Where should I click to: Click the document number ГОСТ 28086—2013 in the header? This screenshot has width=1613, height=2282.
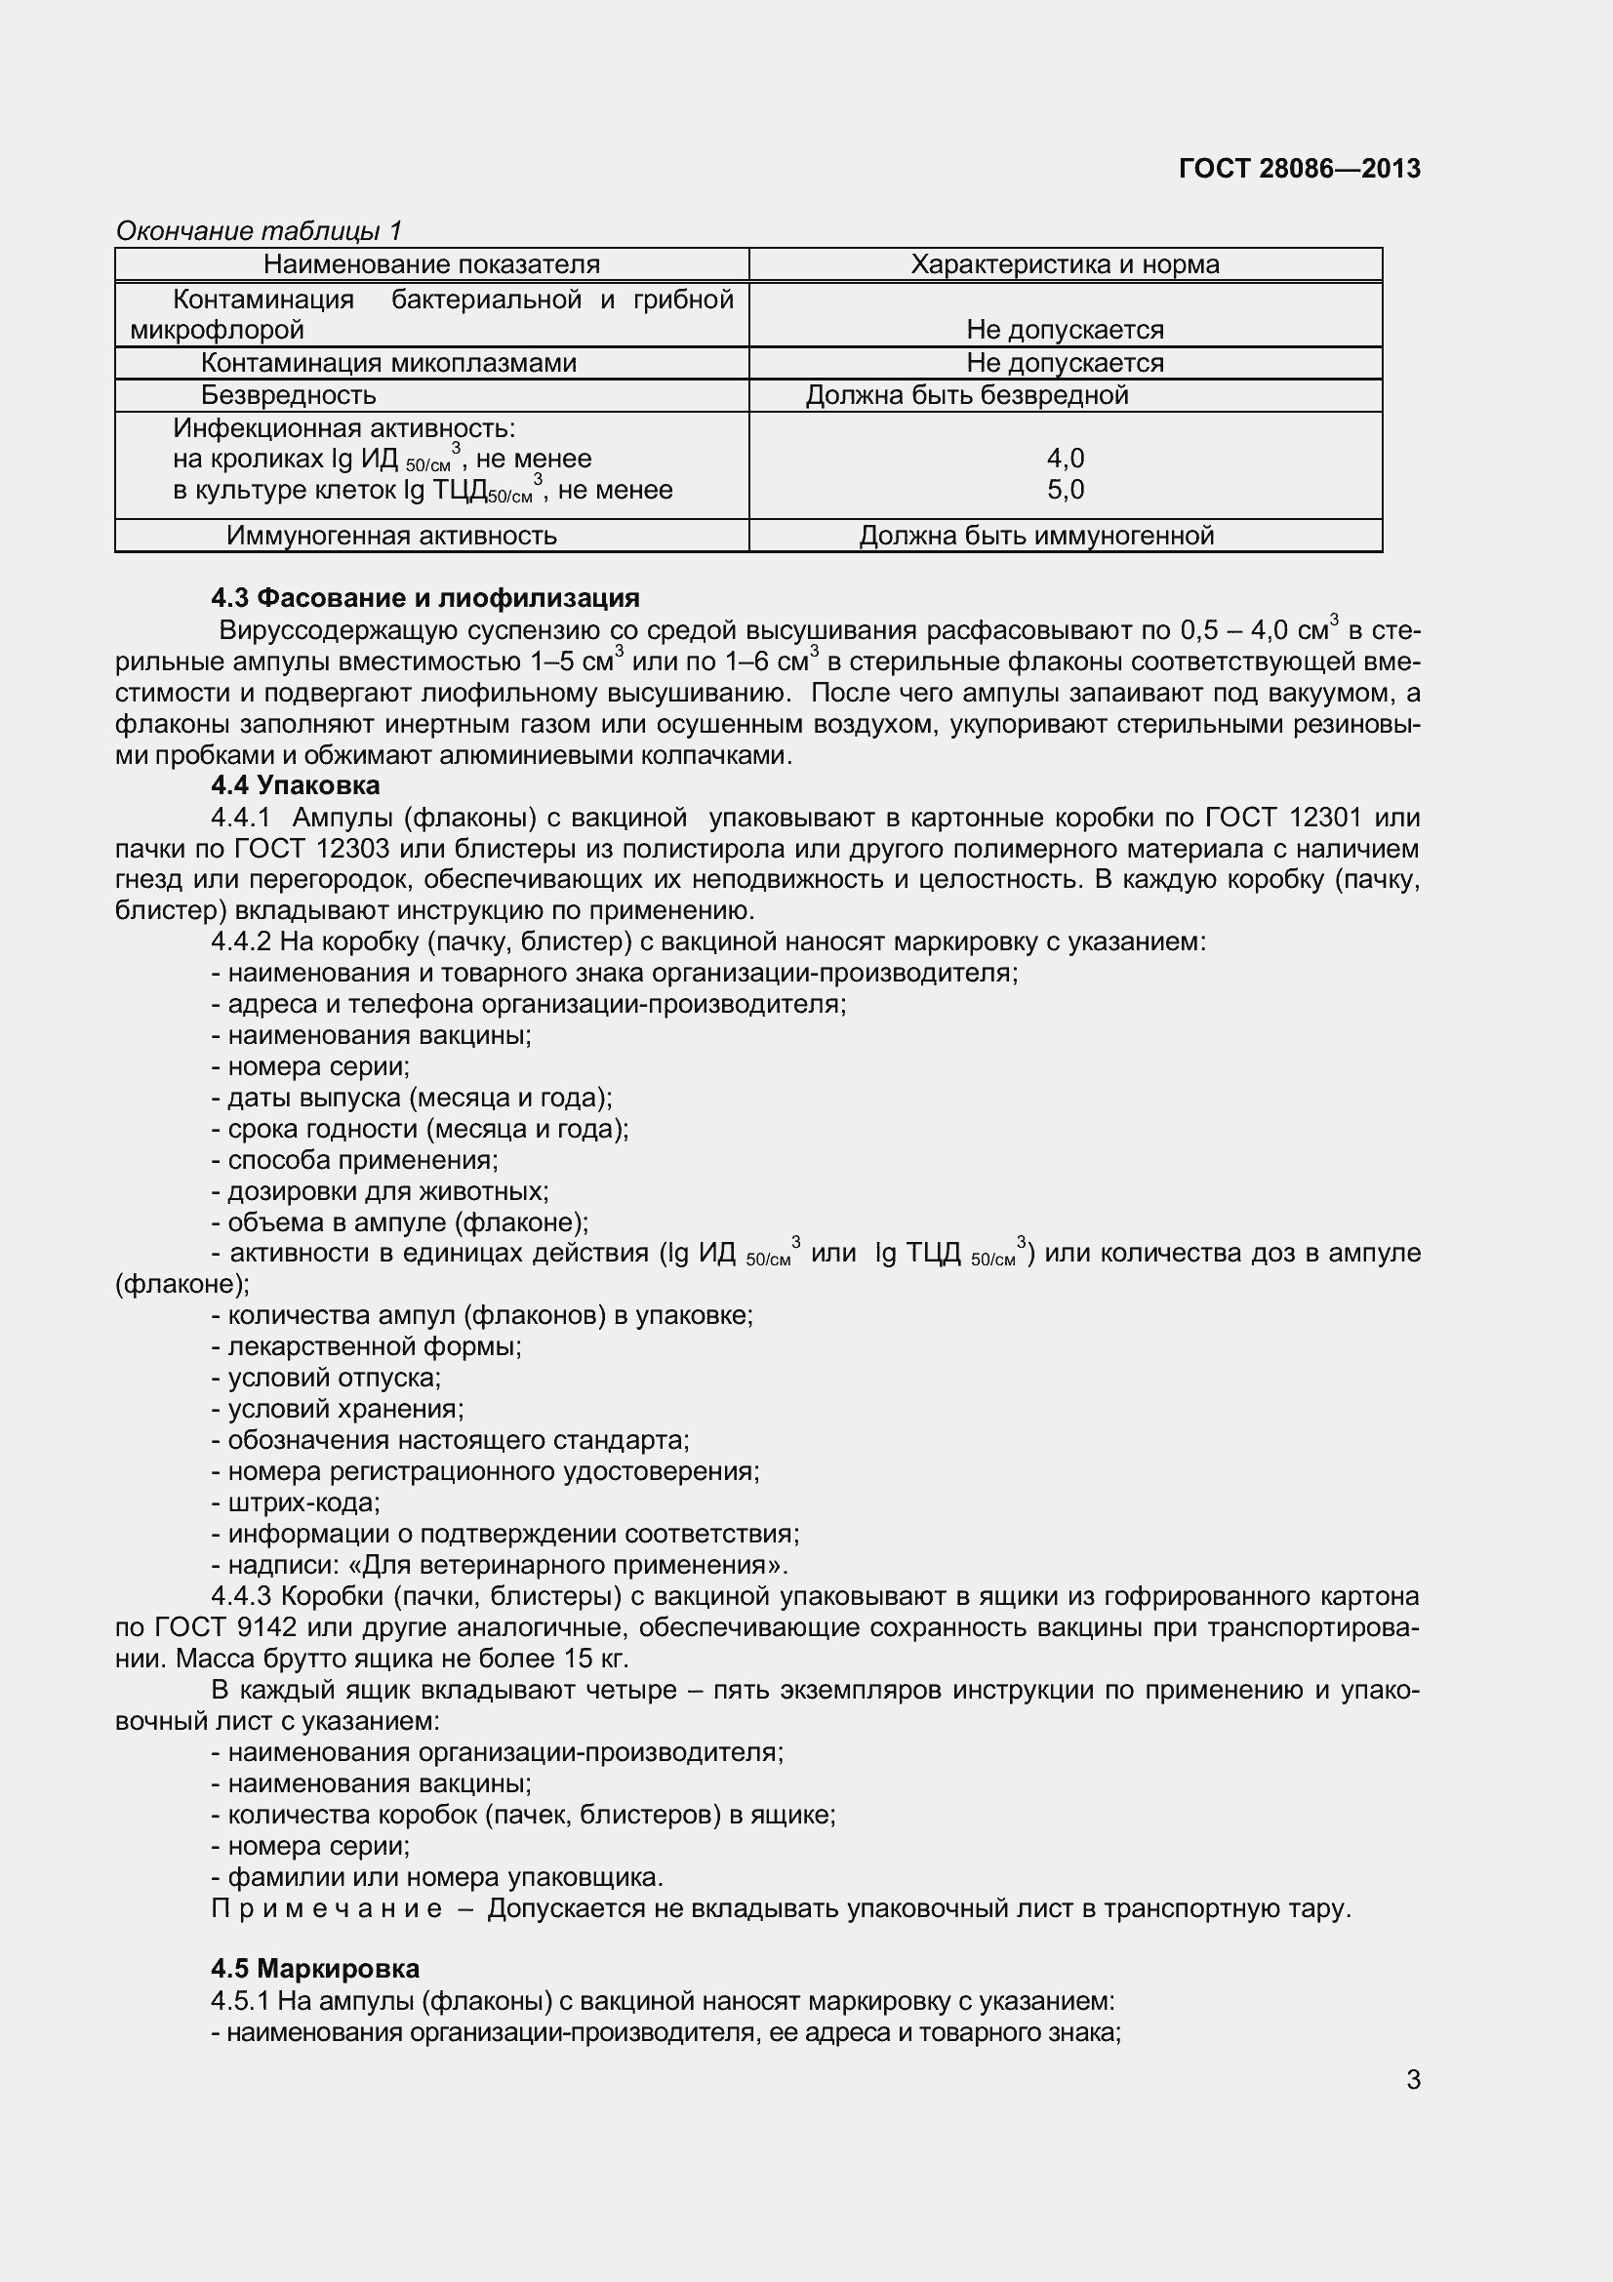[1299, 169]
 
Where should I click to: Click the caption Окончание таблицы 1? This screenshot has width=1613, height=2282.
[259, 230]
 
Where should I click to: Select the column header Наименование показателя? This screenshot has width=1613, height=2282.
[431, 264]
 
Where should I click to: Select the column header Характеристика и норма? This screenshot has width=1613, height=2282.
[1065, 264]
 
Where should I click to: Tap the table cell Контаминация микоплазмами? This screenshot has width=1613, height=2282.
[388, 363]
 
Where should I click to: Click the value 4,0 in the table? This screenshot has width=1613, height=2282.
[1066, 459]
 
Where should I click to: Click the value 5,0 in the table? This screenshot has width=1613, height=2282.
[1066, 490]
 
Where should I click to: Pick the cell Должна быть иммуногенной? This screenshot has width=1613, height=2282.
[1035, 536]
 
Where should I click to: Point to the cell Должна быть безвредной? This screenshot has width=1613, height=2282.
[966, 395]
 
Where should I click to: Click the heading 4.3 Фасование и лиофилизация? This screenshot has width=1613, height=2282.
[424, 598]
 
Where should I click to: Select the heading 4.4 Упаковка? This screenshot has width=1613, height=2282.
[294, 785]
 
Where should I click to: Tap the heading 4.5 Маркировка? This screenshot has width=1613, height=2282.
[314, 1969]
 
